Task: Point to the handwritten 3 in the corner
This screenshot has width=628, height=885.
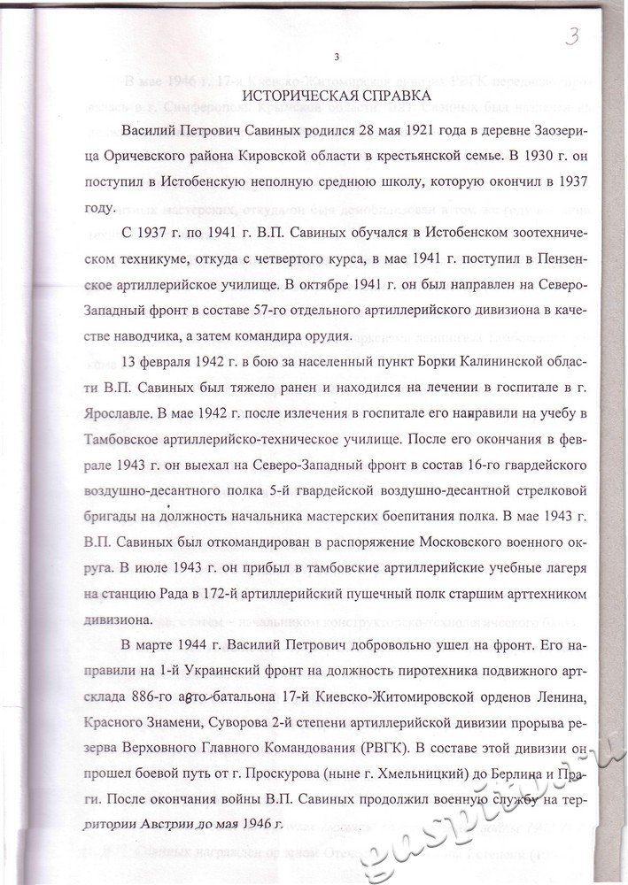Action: coord(574,36)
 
